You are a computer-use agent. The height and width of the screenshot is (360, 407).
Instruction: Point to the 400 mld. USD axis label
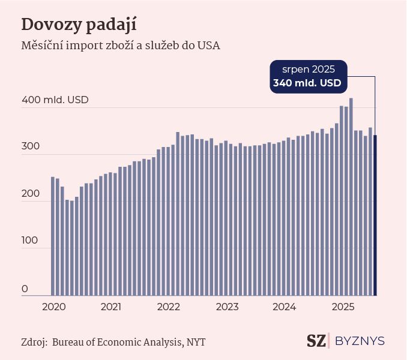click(x=55, y=100)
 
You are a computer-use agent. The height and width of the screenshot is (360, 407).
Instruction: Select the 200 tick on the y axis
click(x=30, y=194)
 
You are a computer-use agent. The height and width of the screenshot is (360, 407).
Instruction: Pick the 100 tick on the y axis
click(x=30, y=241)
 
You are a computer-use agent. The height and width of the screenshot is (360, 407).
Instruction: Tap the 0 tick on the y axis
click(x=25, y=289)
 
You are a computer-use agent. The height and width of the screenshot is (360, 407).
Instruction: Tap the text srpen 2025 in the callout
click(x=309, y=69)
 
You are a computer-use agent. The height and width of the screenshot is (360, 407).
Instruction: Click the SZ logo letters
click(x=316, y=341)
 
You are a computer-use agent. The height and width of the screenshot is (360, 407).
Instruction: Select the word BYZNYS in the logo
click(x=360, y=341)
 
